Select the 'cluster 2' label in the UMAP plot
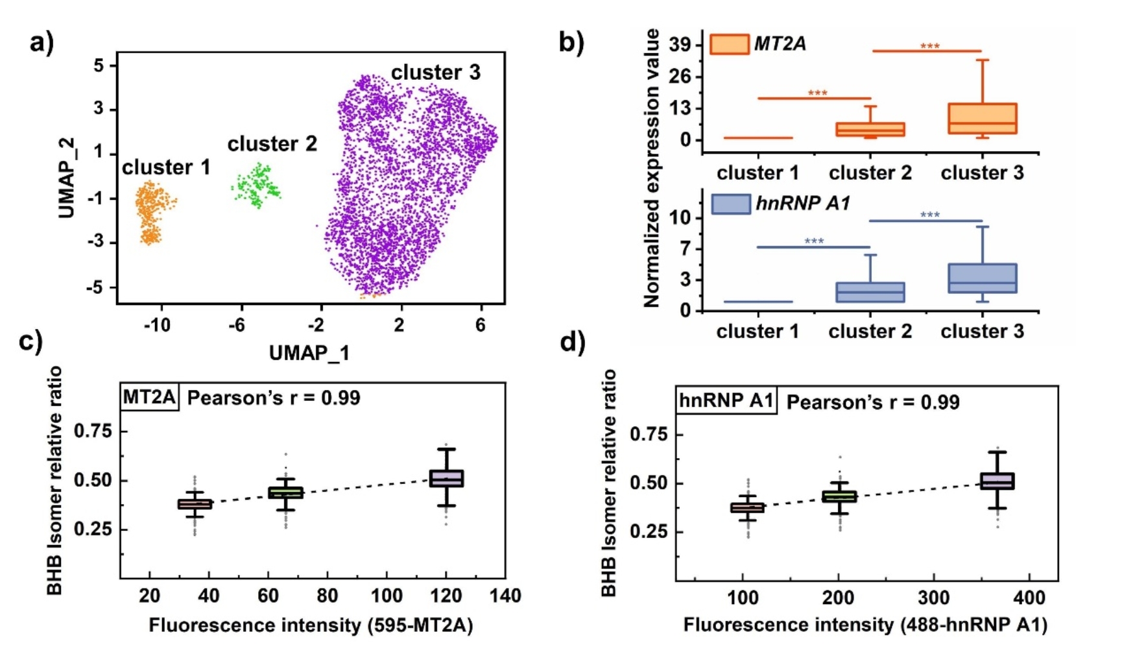[272, 143]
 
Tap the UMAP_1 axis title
[309, 353]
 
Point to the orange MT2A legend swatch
[730, 43]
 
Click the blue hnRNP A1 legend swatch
[731, 204]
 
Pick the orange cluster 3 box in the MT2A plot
[982, 119]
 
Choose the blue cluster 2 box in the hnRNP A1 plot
[870, 292]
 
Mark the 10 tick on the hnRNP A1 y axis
[681, 218]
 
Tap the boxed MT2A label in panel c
[150, 396]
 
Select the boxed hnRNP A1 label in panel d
[726, 400]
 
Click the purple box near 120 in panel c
[447, 478]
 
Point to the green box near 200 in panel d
[839, 496]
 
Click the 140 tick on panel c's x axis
[505, 596]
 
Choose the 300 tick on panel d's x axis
[934, 598]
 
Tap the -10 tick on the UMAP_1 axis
[158, 324]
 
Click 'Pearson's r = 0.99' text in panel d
[872, 402]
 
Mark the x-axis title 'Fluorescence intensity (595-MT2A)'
[311, 625]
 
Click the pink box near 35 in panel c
[195, 503]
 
